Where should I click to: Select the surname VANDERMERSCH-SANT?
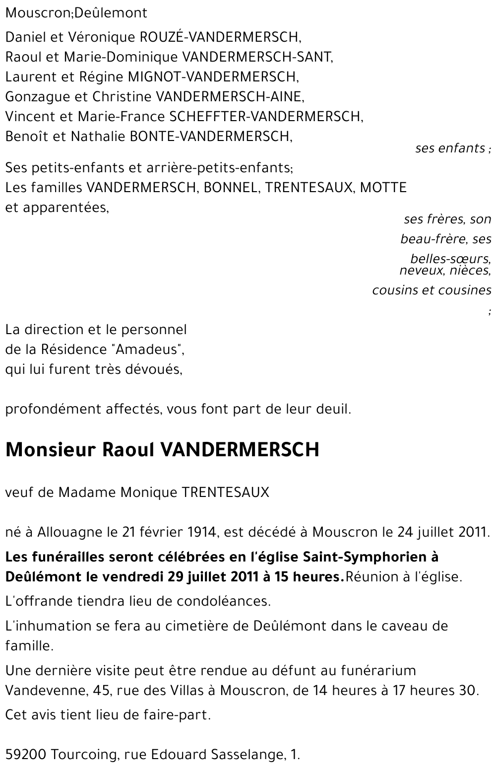click(x=257, y=57)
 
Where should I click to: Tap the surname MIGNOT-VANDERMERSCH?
click(x=213, y=77)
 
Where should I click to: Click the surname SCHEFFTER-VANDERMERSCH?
click(x=266, y=117)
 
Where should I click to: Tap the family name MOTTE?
click(x=383, y=188)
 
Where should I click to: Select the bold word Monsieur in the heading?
click(x=50, y=450)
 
